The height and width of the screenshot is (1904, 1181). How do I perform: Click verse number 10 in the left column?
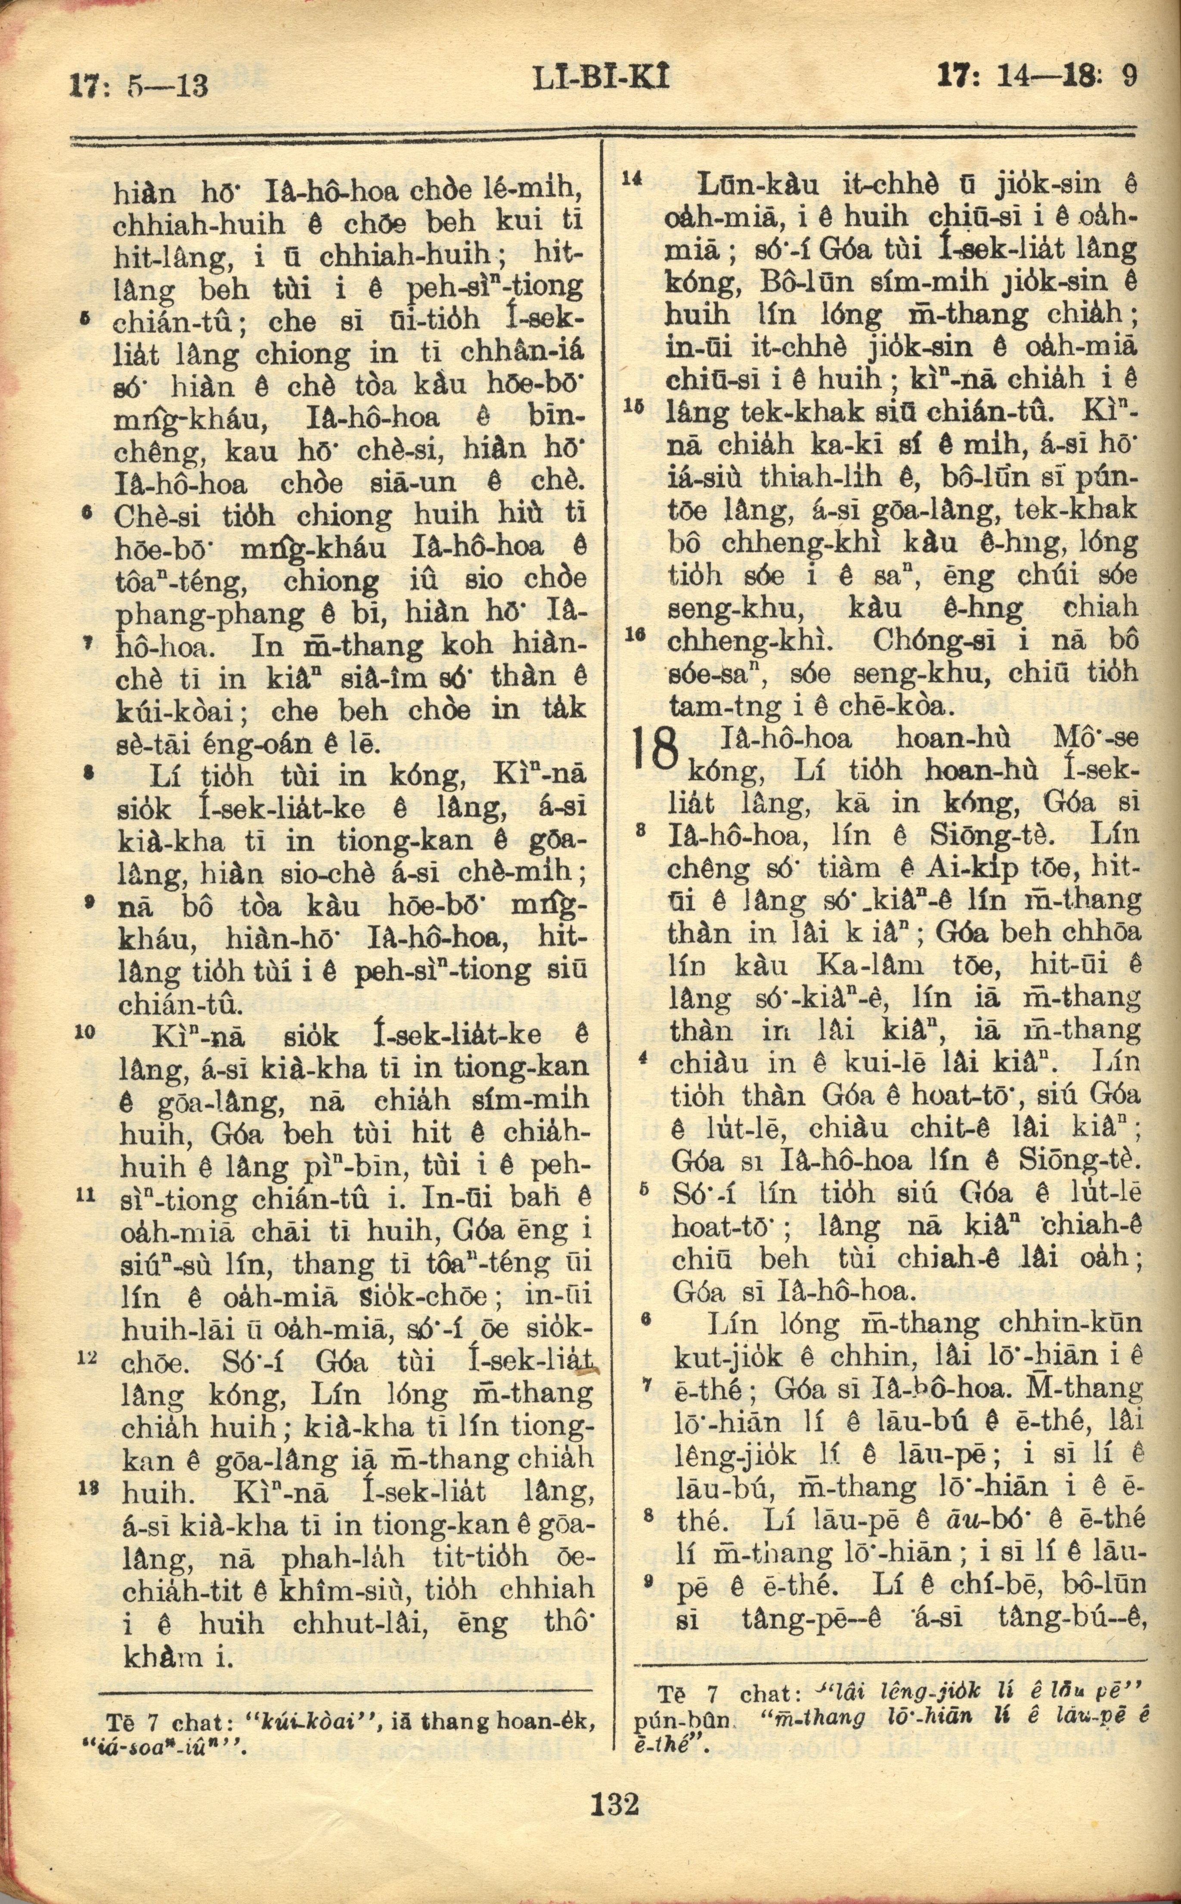[85, 1032]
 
